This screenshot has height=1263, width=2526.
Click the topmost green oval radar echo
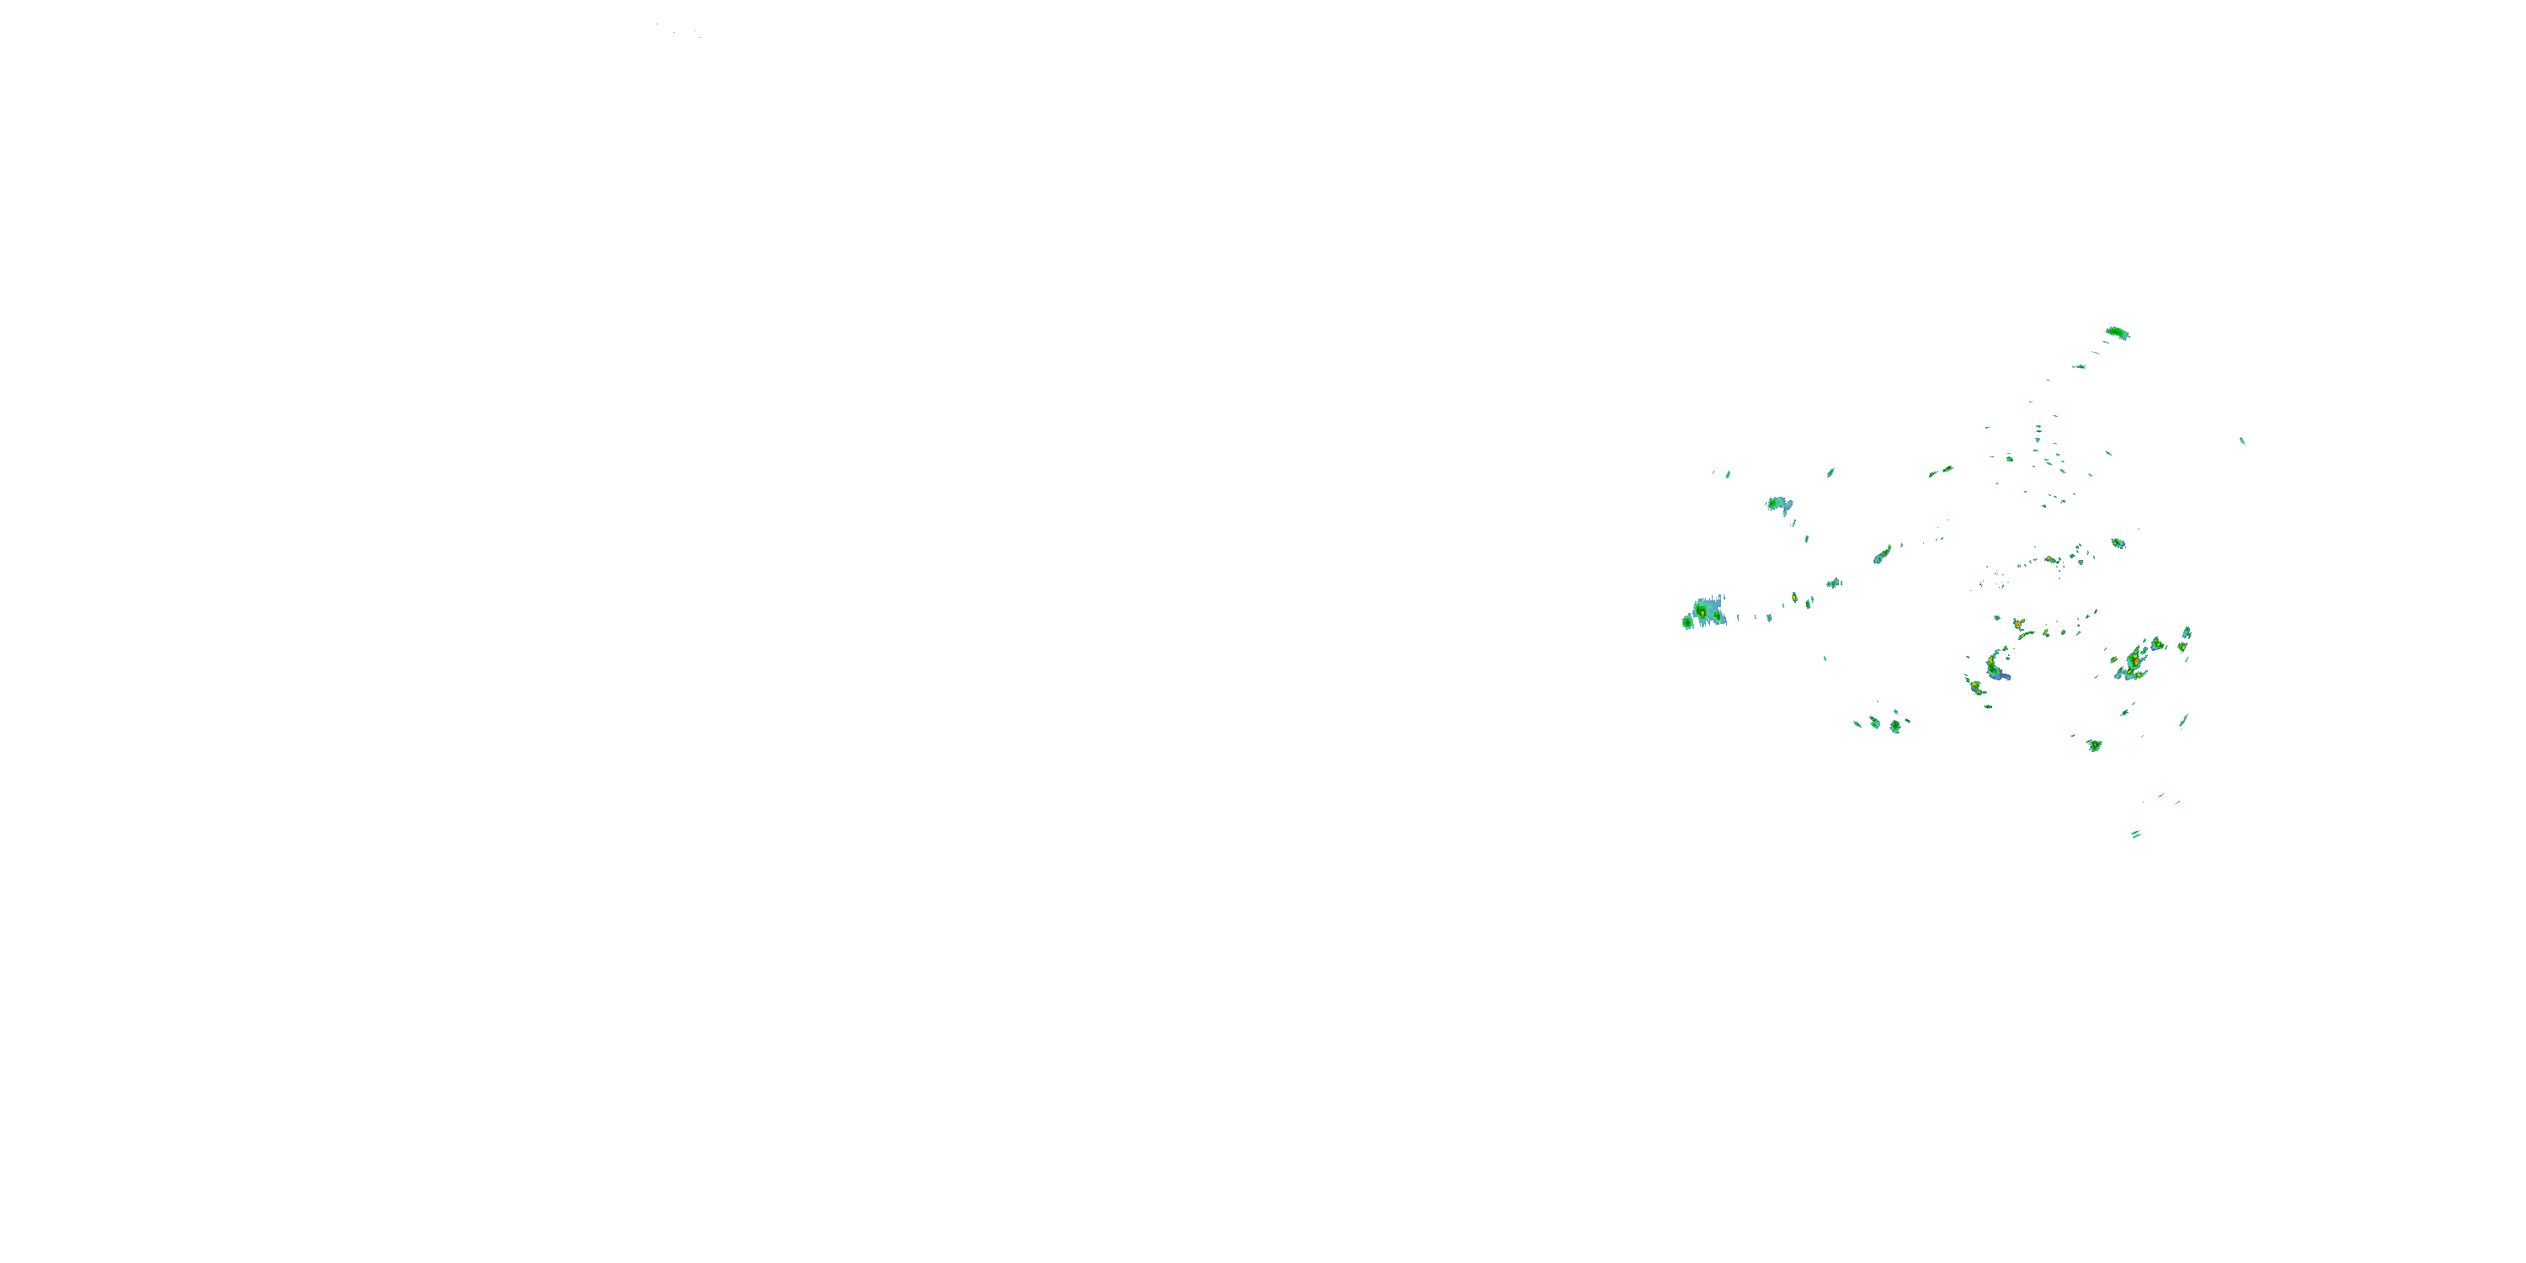pyautogui.click(x=2117, y=333)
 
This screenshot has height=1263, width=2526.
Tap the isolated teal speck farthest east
pyautogui.click(x=2241, y=440)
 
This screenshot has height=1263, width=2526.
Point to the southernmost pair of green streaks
pyautogui.click(x=2135, y=834)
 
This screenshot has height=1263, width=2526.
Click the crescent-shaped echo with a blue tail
pyautogui.click(x=1996, y=666)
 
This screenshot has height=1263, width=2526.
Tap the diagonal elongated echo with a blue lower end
pyautogui.click(x=1882, y=555)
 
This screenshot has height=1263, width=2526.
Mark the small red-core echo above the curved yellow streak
pyautogui.click(x=2018, y=623)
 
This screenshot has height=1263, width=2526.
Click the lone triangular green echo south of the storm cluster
pyautogui.click(x=2093, y=745)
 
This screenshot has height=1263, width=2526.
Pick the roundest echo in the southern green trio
pyautogui.click(x=1895, y=727)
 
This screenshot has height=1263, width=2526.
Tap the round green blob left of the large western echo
pyautogui.click(x=1687, y=621)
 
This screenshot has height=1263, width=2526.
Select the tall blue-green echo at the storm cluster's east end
pyautogui.click(x=2185, y=639)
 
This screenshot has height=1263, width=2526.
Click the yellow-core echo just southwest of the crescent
pyautogui.click(x=1974, y=685)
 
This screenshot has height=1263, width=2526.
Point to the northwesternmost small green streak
pyautogui.click(x=1728, y=475)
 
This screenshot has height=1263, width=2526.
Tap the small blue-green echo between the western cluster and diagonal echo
pyautogui.click(x=1831, y=584)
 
